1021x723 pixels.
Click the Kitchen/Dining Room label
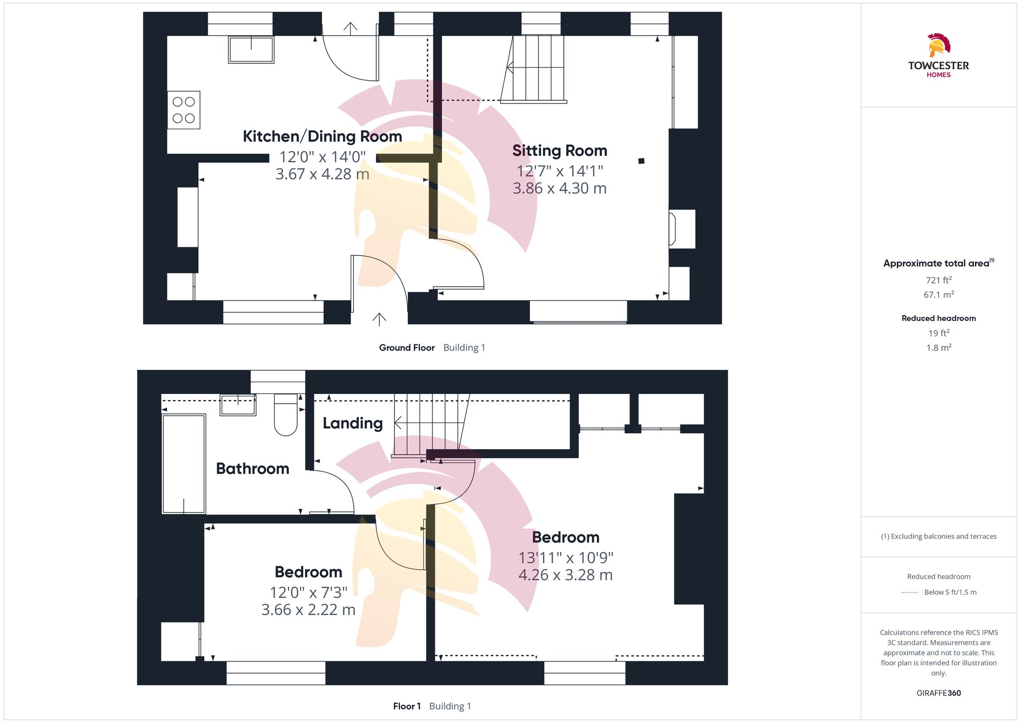pyautogui.click(x=322, y=136)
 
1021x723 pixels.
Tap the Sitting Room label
pyautogui.click(x=560, y=151)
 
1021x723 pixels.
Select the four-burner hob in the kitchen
pyautogui.click(x=184, y=110)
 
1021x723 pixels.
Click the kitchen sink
pyautogui.click(x=251, y=50)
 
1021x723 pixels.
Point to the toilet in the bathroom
pyautogui.click(x=286, y=414)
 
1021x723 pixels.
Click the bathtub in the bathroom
pyautogui.click(x=184, y=463)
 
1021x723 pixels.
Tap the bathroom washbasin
pyautogui.click(x=238, y=405)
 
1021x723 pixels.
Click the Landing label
pyautogui.click(x=352, y=423)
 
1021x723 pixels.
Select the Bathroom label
pyautogui.click(x=252, y=469)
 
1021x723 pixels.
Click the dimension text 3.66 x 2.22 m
pyautogui.click(x=308, y=610)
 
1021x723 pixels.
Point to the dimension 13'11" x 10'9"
pyautogui.click(x=566, y=557)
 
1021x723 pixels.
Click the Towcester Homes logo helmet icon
pyautogui.click(x=938, y=45)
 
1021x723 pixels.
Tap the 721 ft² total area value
pyautogui.click(x=938, y=280)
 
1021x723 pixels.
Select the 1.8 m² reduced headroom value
pyautogui.click(x=938, y=347)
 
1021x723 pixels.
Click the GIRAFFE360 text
pyautogui.click(x=938, y=693)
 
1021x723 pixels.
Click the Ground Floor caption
pyautogui.click(x=406, y=347)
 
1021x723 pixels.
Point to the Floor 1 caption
pyautogui.click(x=406, y=706)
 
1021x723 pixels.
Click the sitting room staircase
pyautogui.click(x=534, y=68)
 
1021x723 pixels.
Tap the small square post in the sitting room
pyautogui.click(x=641, y=161)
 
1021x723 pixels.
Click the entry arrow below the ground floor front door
pyautogui.click(x=379, y=319)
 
